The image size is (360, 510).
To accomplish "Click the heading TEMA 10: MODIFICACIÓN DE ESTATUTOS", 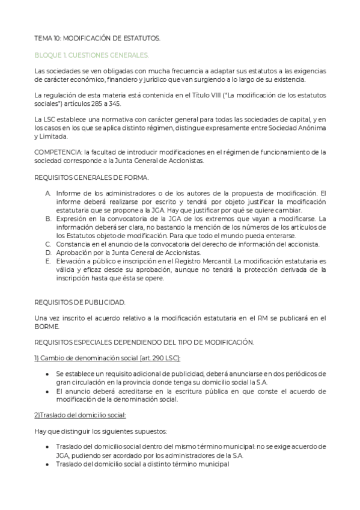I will tap(97, 38).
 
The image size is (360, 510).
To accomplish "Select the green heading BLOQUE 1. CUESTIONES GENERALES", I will tap(92, 55).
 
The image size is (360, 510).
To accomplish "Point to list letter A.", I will tap(48, 193).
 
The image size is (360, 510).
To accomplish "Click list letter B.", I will tap(48, 218).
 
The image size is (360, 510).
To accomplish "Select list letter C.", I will tap(48, 244).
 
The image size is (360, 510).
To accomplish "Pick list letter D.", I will tap(48, 253).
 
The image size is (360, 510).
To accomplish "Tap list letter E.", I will tap(48, 261).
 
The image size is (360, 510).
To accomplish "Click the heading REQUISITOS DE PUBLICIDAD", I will tap(79, 302).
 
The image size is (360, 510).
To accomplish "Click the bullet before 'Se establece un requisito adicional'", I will tap(48, 374).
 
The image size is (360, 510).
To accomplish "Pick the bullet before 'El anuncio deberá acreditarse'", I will tap(48, 391).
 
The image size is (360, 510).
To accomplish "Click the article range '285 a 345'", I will tap(112, 103).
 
